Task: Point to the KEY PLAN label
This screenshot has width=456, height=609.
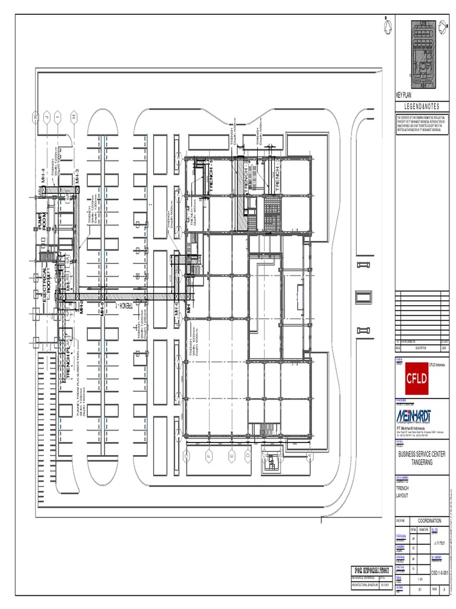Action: pyautogui.click(x=404, y=95)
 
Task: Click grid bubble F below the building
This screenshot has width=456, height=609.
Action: pyautogui.click(x=208, y=456)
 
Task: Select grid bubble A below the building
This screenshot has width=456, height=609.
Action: pyautogui.click(x=309, y=456)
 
